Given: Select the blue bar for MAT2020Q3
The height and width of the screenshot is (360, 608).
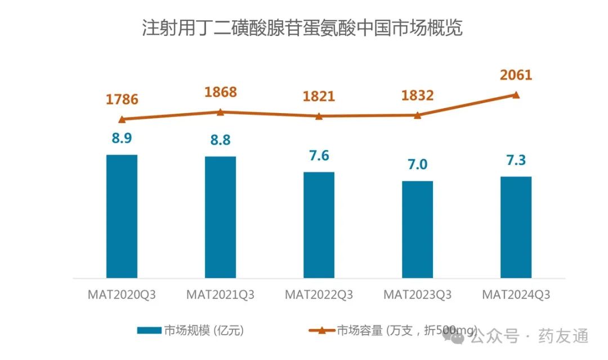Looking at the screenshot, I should pos(122,217).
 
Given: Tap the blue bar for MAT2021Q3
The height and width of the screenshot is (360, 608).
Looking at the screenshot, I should pos(220,217).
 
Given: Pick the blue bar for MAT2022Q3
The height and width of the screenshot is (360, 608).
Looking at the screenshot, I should pos(319,225).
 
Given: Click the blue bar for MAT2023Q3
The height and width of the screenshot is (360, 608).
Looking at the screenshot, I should pos(417,229).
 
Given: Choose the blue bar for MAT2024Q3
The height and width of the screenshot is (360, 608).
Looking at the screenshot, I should pos(516,227).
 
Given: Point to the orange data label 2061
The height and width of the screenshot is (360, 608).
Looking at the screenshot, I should pos(516,75).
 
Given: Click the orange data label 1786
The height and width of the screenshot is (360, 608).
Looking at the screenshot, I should pos(122,100).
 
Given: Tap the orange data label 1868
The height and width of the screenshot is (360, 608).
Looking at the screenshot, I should pos(220,92).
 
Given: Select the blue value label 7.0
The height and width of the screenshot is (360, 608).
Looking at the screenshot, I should pos(417,164).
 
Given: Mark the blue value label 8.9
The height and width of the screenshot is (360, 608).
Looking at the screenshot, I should pos(122,138).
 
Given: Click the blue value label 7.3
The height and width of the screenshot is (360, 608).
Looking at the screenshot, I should pos(516,160).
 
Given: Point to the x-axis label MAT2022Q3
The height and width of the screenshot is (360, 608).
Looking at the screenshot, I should pos(319,295).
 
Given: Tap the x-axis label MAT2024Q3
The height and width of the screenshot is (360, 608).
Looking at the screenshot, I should pos(516,295).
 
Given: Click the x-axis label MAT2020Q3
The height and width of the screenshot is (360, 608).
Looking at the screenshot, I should pos(122,295).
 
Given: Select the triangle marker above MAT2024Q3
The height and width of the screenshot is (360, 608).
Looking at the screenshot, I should pos(516,94).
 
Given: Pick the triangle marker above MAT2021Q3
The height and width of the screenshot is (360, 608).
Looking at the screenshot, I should pos(220,112).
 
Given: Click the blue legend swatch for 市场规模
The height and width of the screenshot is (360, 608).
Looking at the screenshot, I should pos(149,330).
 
